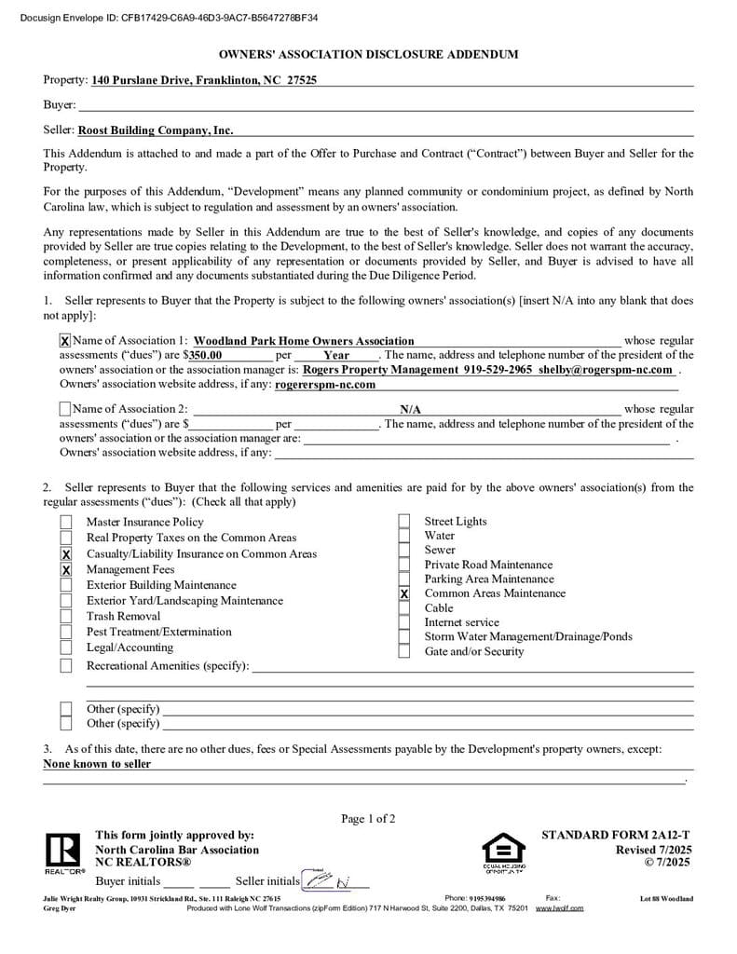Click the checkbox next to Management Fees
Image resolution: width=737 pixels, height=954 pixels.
pyautogui.click(x=66, y=569)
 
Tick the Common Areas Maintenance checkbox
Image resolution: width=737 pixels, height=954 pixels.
pyautogui.click(x=404, y=593)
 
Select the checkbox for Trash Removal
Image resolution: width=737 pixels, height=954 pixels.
pyautogui.click(x=66, y=617)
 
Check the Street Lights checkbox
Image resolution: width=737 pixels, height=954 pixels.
pyautogui.click(x=404, y=522)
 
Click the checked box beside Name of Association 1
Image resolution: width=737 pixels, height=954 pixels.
pyautogui.click(x=65, y=341)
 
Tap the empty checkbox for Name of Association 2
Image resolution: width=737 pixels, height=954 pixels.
pyautogui.click(x=65, y=409)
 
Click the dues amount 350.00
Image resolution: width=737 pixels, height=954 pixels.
pyautogui.click(x=206, y=355)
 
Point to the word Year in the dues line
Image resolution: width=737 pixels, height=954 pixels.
pyautogui.click(x=336, y=355)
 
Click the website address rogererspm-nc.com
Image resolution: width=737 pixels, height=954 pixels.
pyautogui.click(x=325, y=384)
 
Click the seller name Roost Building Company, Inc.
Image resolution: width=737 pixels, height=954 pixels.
pyautogui.click(x=156, y=130)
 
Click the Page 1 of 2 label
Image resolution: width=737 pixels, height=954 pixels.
pyautogui.click(x=368, y=819)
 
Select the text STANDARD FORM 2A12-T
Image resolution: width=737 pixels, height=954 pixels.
pyautogui.click(x=616, y=836)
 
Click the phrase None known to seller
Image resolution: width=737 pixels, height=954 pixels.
pyautogui.click(x=97, y=764)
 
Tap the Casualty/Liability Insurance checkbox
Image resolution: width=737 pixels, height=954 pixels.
pyautogui.click(x=66, y=554)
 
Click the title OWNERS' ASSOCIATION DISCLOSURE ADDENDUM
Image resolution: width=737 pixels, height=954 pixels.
pyautogui.click(x=368, y=55)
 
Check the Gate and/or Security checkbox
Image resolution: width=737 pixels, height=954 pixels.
pyautogui.click(x=404, y=651)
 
